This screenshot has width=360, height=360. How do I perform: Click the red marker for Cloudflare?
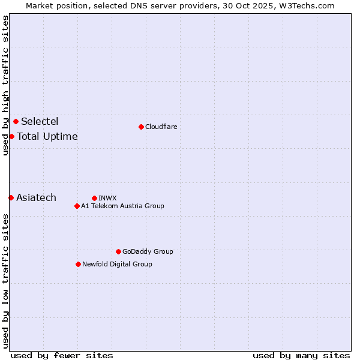point(141,127)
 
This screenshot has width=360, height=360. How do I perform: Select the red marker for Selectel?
point(16,122)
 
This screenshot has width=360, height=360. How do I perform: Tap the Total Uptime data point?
point(11,136)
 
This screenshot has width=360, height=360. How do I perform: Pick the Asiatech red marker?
point(11,197)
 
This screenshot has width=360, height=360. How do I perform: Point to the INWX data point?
point(94,198)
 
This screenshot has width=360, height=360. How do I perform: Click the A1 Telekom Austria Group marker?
point(77,206)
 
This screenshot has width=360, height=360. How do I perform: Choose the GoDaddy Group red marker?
point(118,251)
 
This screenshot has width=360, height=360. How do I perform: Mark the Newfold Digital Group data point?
point(78,264)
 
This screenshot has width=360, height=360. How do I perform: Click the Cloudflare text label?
point(161,127)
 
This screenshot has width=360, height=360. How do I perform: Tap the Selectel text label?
point(40,122)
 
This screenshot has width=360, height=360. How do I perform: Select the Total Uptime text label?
point(47,136)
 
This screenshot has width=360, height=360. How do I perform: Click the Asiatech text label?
point(36,197)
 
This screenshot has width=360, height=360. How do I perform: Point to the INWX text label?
point(107,198)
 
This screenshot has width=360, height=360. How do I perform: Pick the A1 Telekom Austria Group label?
point(122,206)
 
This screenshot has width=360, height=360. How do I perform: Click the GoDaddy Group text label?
point(148,251)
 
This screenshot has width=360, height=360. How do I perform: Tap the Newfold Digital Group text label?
point(117,264)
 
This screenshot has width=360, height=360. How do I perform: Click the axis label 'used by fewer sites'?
point(62,355)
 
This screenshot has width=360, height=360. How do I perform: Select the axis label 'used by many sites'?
point(301,355)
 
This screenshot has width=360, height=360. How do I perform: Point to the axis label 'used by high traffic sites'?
point(5,85)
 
